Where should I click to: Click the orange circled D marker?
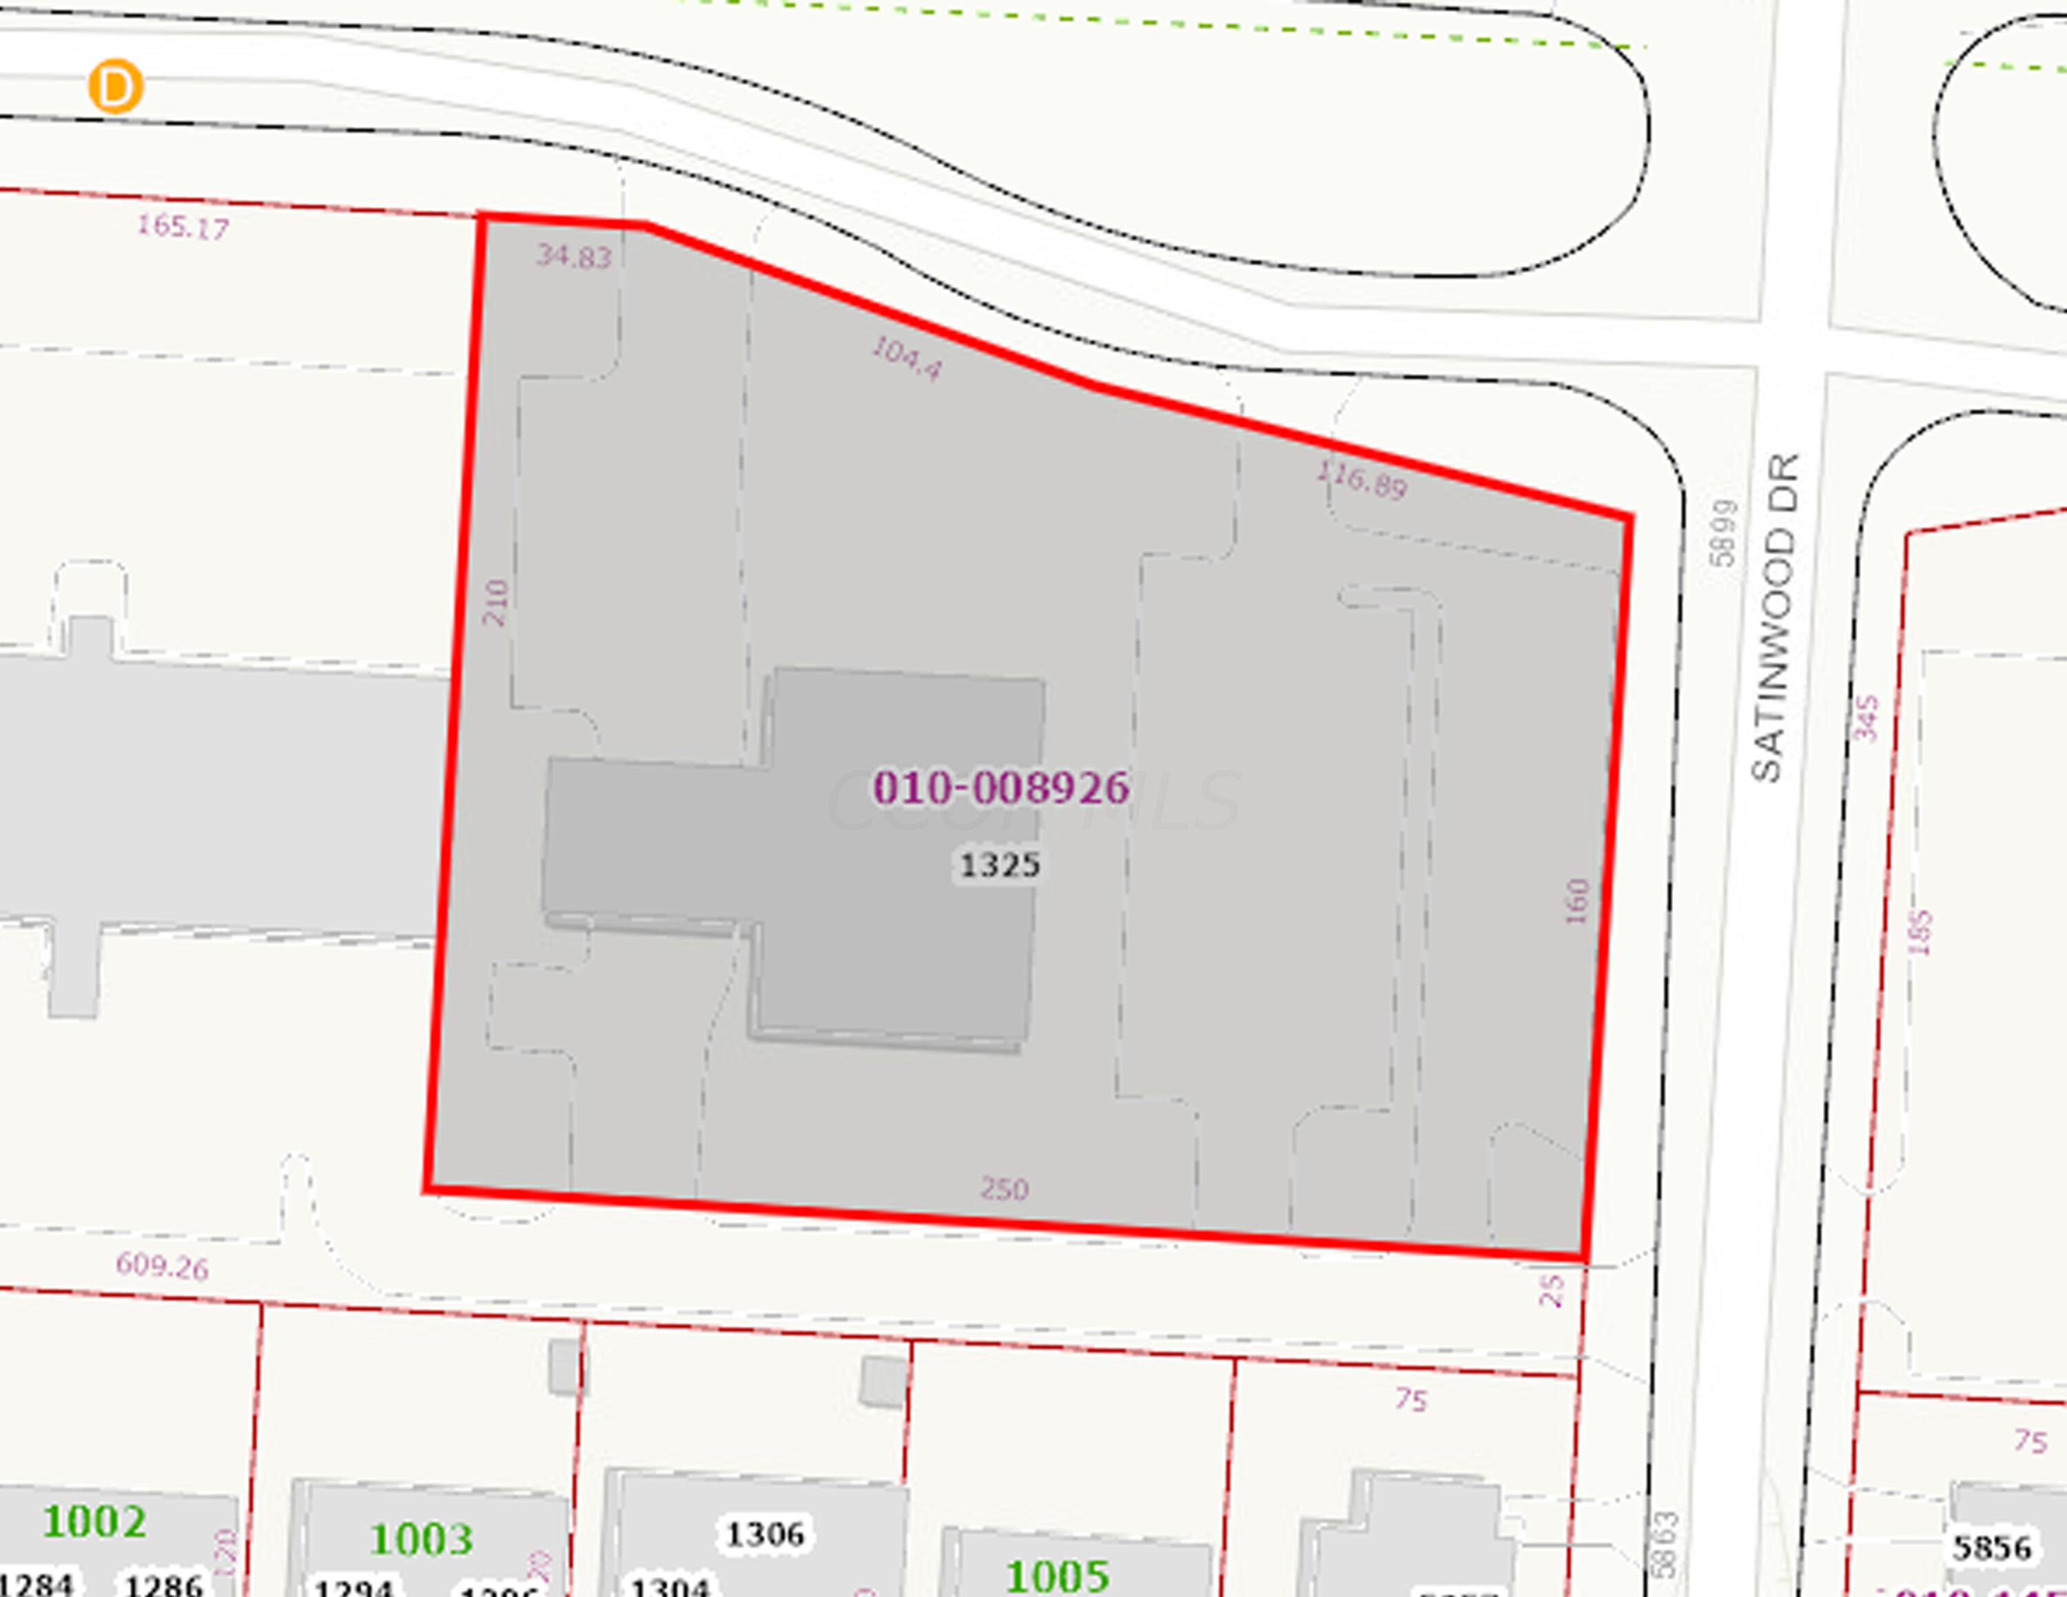(116, 87)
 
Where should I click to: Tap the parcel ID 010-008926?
(1000, 788)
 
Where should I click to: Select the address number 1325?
(1000, 865)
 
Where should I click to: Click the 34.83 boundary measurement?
(573, 256)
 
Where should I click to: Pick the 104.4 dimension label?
(907, 358)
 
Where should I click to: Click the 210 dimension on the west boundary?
(495, 603)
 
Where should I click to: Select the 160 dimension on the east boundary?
(1576, 902)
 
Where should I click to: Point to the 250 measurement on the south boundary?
(1004, 1188)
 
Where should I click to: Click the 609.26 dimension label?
(162, 1265)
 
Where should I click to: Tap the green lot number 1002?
(94, 1521)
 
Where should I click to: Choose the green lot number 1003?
(421, 1539)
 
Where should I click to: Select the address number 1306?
(765, 1534)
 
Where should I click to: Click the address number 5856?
(1992, 1548)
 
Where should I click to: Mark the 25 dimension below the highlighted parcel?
(1551, 1290)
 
